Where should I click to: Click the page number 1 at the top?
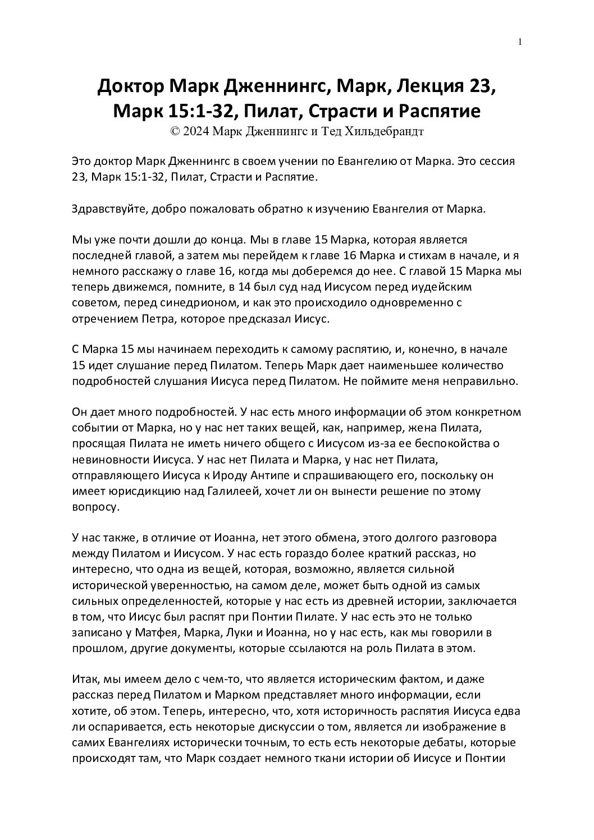520,41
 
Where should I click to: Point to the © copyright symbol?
174,131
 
